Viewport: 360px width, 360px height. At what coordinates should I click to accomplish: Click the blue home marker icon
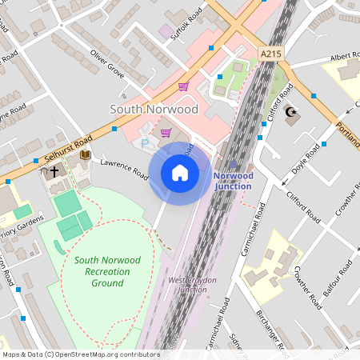point(180,173)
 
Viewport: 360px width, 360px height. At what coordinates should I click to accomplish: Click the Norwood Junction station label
point(233,181)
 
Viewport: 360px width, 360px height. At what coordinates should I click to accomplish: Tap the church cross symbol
point(54,171)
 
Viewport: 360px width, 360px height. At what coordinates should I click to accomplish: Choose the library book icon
point(85,155)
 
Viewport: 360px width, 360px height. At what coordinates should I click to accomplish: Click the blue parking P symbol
point(145,143)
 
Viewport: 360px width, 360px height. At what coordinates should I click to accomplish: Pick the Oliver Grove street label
point(108,64)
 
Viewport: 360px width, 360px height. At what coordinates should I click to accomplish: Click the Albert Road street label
point(345,56)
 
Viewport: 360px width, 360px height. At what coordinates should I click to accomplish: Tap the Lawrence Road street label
point(124,169)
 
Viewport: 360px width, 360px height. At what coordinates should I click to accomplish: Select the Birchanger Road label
point(271,329)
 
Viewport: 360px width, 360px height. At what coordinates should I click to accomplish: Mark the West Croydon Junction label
point(186,285)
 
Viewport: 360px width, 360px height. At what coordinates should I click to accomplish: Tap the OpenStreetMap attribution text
point(82,354)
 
